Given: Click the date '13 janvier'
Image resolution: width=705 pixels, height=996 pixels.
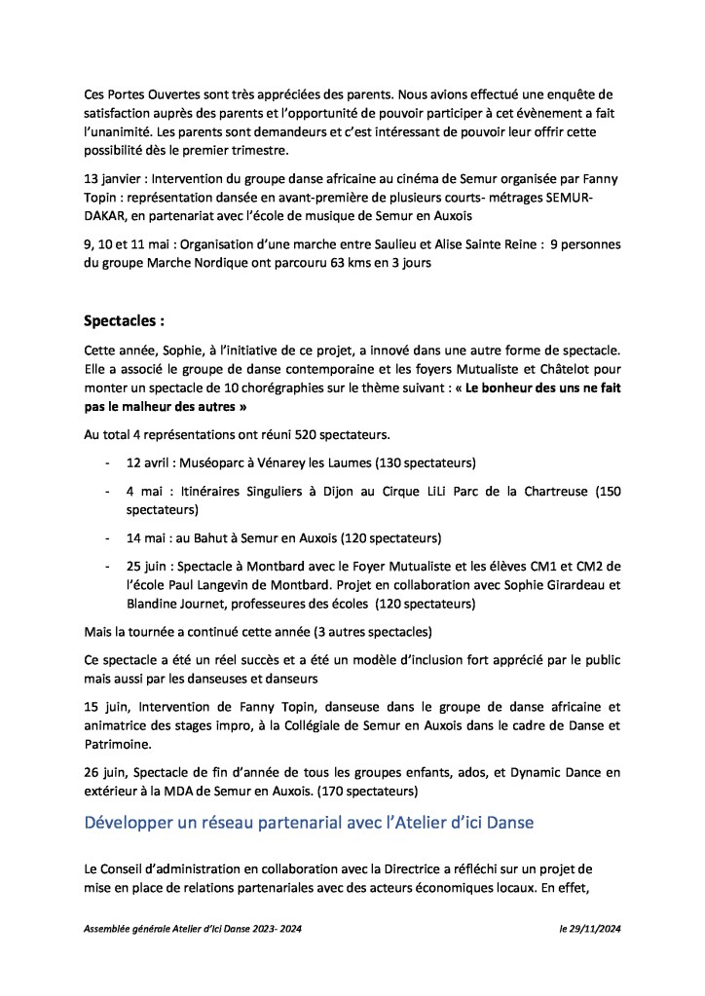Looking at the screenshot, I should pos(115,178).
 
